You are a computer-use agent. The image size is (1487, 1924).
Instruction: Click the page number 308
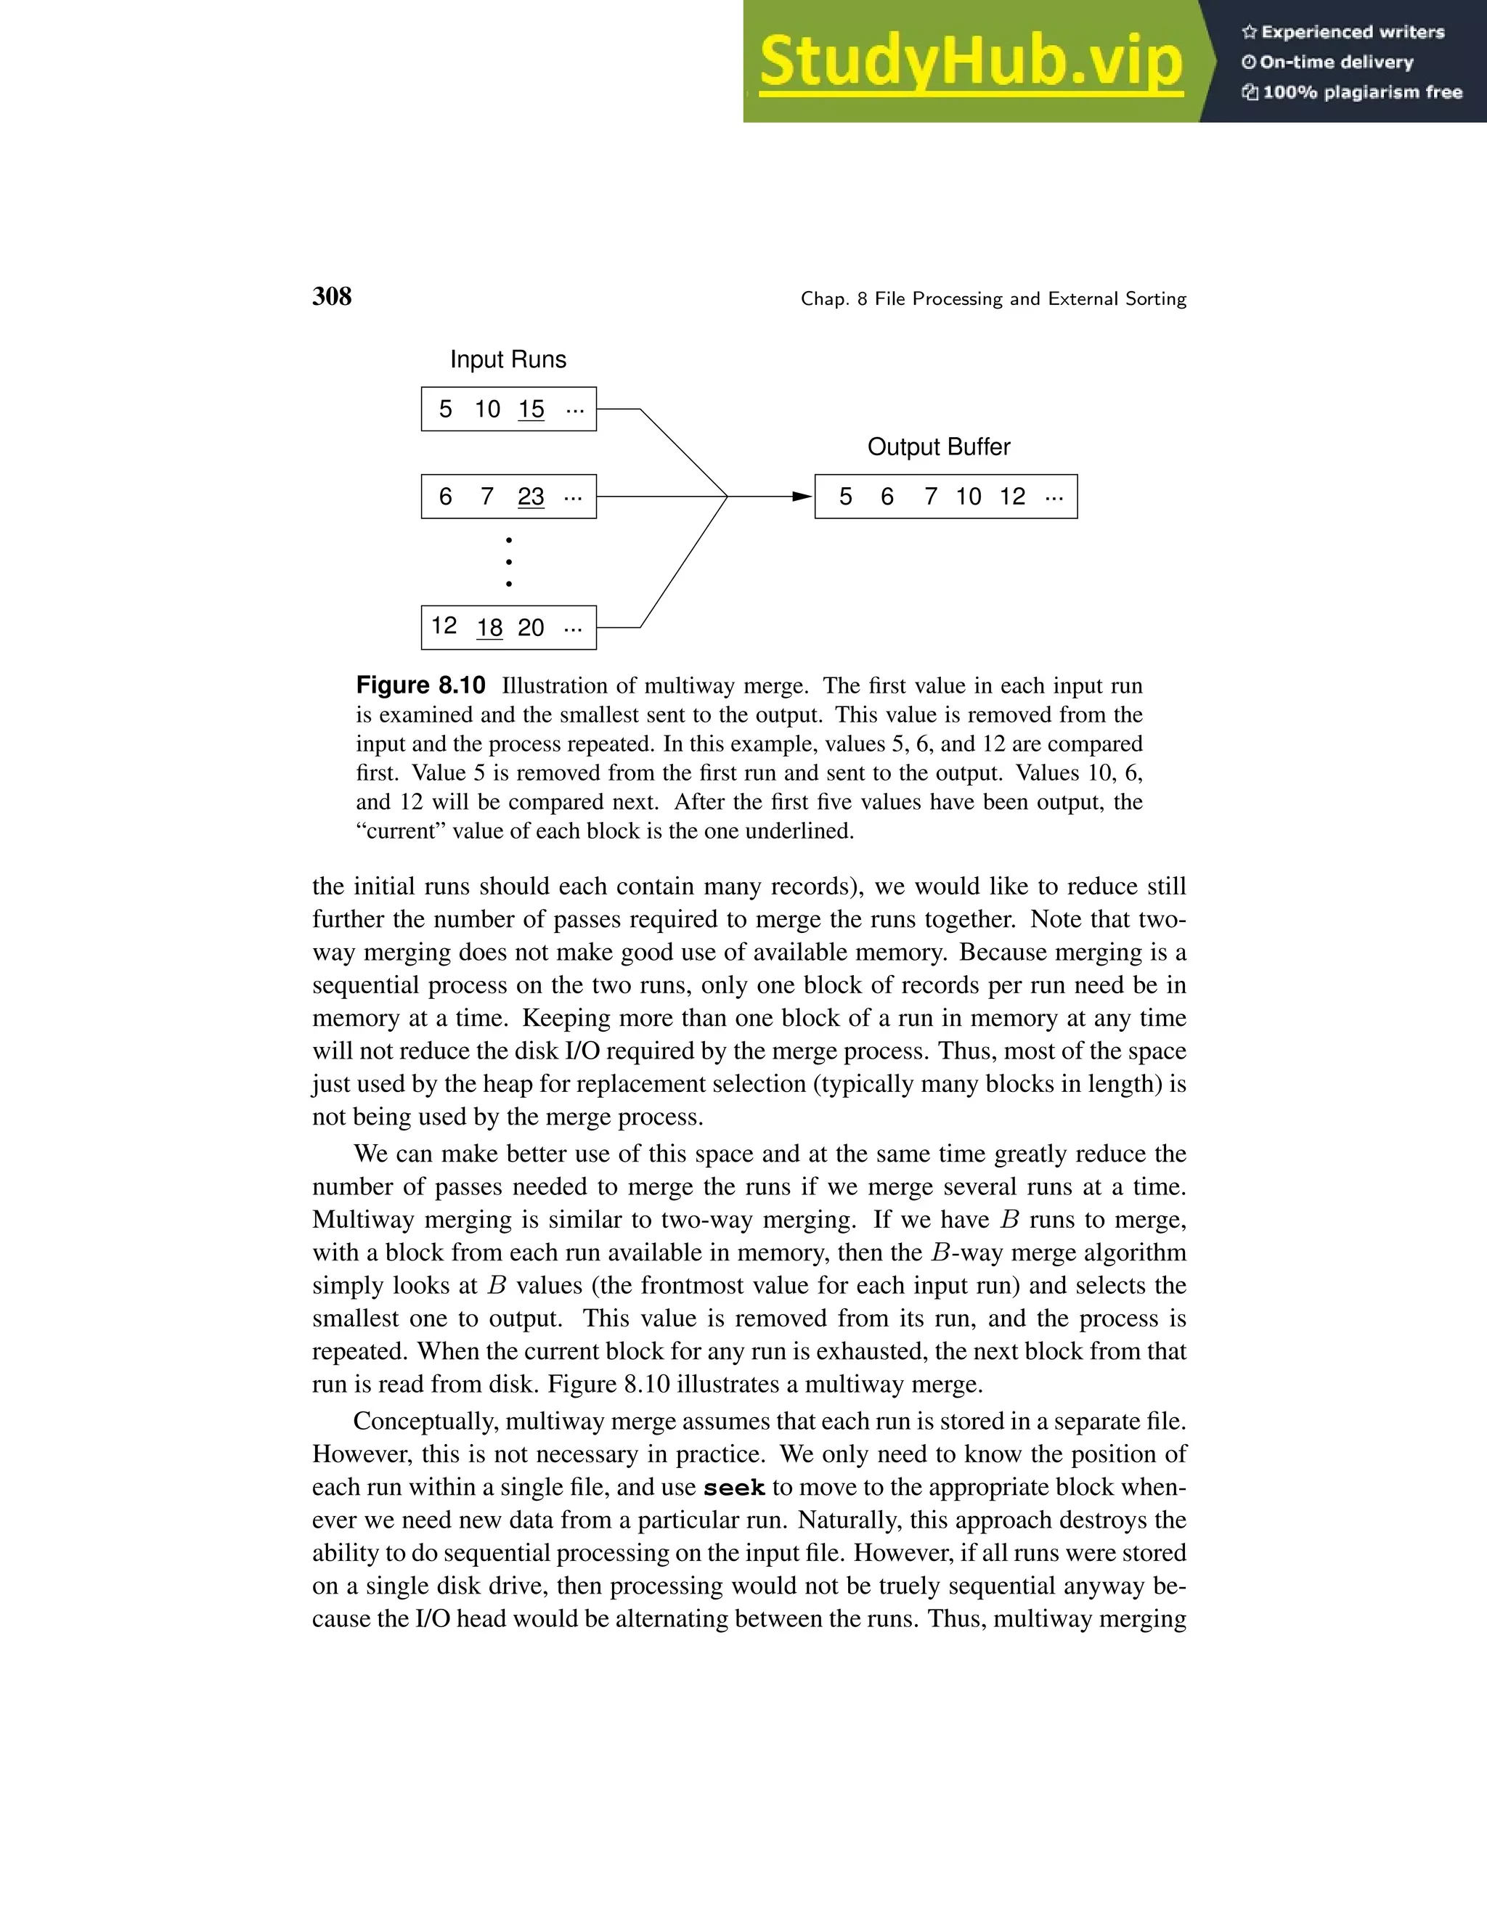click(x=332, y=296)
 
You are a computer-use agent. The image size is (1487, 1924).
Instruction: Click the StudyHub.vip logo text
click(x=970, y=62)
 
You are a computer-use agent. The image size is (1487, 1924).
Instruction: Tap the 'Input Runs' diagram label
click(x=508, y=359)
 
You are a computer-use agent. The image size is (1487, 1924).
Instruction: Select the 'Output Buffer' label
click(x=938, y=447)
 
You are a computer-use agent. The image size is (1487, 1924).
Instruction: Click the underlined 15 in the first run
click(x=531, y=409)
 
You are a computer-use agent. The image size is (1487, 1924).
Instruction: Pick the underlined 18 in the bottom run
click(x=490, y=628)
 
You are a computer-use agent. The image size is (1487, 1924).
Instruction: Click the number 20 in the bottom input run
click(x=530, y=628)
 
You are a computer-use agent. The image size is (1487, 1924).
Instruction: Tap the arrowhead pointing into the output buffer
click(x=801, y=497)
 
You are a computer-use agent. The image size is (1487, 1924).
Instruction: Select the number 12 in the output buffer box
click(x=1012, y=497)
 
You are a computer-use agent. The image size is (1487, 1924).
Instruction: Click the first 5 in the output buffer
click(x=846, y=497)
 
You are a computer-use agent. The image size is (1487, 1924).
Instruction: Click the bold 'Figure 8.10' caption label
click(x=420, y=685)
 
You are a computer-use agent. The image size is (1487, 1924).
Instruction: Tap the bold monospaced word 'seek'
click(x=734, y=1488)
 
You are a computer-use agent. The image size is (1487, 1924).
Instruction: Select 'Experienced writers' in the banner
click(x=1352, y=33)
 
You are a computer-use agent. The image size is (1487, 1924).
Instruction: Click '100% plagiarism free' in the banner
click(x=1362, y=92)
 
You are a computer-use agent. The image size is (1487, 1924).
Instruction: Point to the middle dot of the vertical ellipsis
click(x=509, y=561)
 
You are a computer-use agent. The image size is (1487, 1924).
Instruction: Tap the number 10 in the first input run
click(x=487, y=409)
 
